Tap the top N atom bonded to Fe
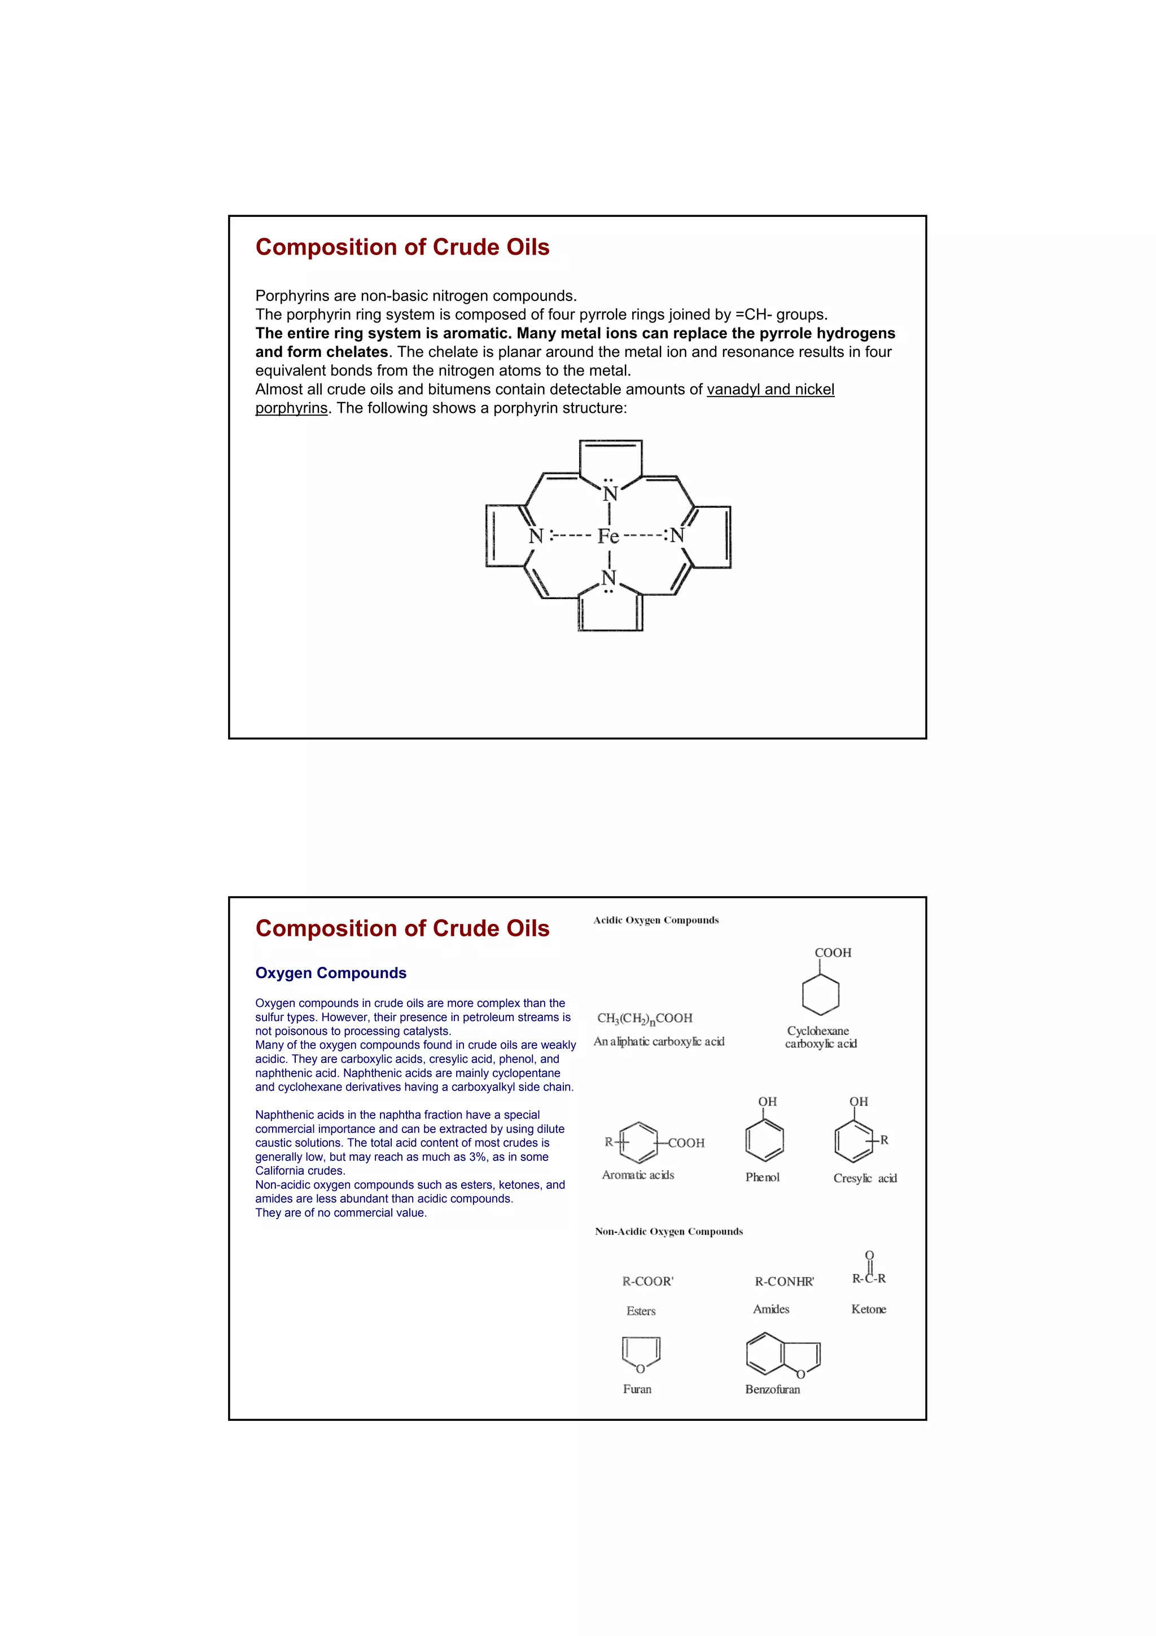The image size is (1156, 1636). [610, 494]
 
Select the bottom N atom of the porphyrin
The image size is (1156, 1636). [608, 577]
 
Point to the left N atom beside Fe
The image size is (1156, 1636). [536, 536]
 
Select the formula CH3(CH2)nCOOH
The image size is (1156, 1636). [645, 1018]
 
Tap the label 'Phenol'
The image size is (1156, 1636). [762, 1177]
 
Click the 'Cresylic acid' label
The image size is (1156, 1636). [865, 1178]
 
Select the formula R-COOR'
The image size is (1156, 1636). [647, 1281]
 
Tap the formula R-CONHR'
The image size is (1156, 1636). [784, 1281]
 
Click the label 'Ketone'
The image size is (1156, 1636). [868, 1309]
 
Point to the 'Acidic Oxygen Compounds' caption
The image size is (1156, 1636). [656, 920]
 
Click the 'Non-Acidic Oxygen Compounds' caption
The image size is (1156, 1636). [669, 1231]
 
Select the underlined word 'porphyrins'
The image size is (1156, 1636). [291, 408]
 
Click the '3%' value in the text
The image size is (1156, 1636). [477, 1157]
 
